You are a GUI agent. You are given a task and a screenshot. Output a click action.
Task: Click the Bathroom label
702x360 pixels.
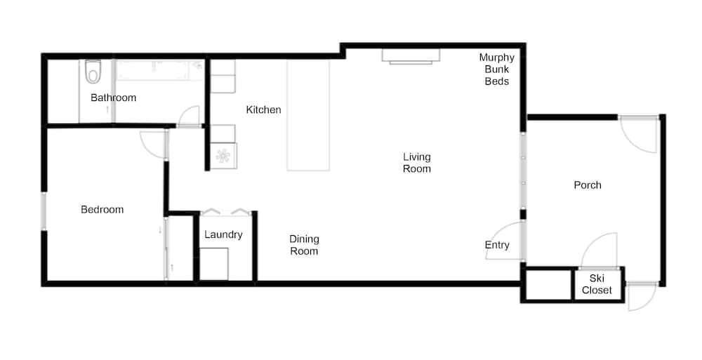pyautogui.click(x=113, y=98)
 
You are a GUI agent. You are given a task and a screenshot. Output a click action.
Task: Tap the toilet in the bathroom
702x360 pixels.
pyautogui.click(x=93, y=72)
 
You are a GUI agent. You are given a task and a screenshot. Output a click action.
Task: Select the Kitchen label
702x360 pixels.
pyautogui.click(x=264, y=109)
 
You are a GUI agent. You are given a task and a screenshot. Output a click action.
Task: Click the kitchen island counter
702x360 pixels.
pyautogui.click(x=308, y=115)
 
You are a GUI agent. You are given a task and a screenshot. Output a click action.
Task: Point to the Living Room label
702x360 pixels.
pyautogui.click(x=417, y=163)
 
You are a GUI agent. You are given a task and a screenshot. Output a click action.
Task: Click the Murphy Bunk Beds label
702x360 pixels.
pyautogui.click(x=497, y=69)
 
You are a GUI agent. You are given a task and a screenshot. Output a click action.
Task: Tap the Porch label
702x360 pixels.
pyautogui.click(x=588, y=185)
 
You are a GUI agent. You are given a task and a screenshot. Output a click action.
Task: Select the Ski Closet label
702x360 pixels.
pyautogui.click(x=597, y=284)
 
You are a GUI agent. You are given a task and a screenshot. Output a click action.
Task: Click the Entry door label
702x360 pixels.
pyautogui.click(x=497, y=245)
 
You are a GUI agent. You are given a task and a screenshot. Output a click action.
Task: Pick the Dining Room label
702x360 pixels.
pyautogui.click(x=304, y=245)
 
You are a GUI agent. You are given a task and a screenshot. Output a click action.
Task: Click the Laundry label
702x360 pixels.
pyautogui.click(x=223, y=234)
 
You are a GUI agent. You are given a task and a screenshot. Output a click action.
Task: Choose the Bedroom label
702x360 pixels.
pyautogui.click(x=102, y=210)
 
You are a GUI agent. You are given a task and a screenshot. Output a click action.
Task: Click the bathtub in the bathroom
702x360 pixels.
pyautogui.click(x=160, y=70)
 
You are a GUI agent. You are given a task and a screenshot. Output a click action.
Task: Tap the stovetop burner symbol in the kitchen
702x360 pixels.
pyautogui.click(x=223, y=156)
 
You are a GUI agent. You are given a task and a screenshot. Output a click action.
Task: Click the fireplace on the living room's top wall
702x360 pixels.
pyautogui.click(x=411, y=55)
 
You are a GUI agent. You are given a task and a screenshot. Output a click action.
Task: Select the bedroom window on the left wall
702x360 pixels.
pyautogui.click(x=44, y=211)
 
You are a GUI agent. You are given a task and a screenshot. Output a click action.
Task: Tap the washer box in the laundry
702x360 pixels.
pyautogui.click(x=214, y=264)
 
